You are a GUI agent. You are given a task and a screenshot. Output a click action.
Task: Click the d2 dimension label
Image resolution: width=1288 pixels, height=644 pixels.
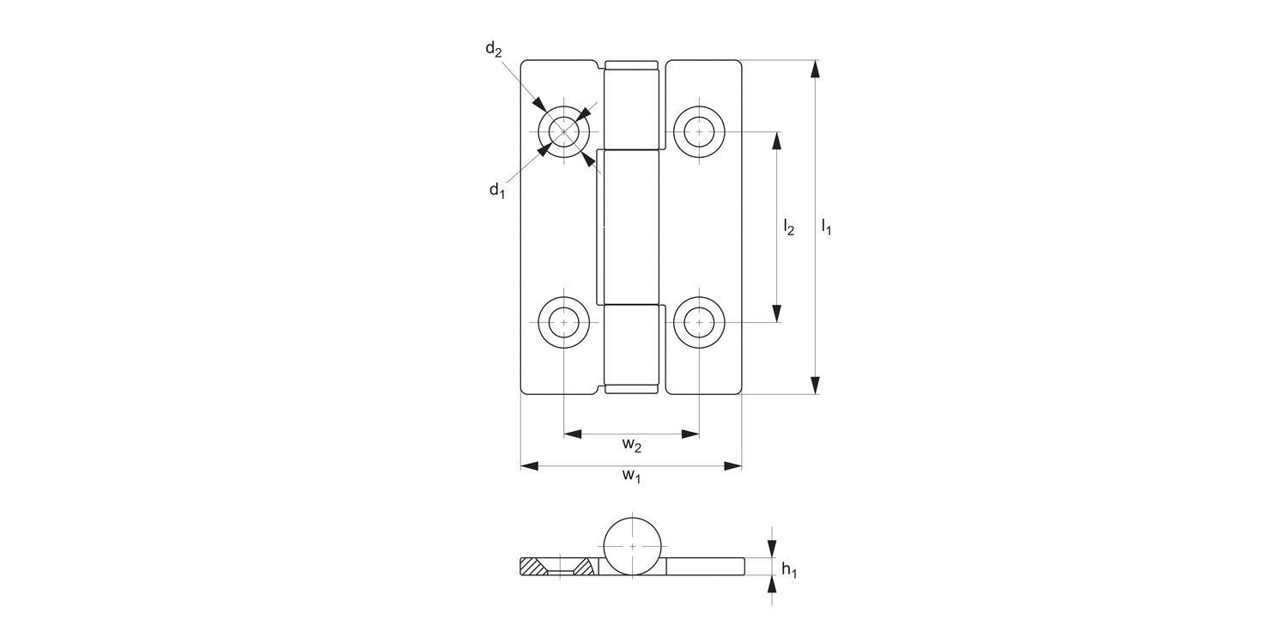click(x=493, y=49)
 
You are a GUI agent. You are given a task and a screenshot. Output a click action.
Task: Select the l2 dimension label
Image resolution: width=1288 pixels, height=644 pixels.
click(x=788, y=228)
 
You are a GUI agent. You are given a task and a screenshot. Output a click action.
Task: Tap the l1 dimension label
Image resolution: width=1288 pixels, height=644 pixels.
click(x=826, y=228)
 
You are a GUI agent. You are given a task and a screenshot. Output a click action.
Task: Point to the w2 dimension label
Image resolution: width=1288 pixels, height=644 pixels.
click(x=632, y=445)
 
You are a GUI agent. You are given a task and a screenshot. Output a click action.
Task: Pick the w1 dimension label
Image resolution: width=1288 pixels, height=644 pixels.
click(x=632, y=477)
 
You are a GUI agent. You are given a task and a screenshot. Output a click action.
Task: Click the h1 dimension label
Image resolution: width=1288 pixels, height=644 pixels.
click(x=789, y=568)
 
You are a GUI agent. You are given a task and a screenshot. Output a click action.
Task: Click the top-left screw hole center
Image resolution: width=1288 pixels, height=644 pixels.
click(x=564, y=131)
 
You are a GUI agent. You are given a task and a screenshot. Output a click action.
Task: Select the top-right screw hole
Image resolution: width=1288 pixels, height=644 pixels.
click(x=700, y=131)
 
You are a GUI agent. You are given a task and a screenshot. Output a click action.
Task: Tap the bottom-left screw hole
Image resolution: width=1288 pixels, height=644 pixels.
click(x=564, y=322)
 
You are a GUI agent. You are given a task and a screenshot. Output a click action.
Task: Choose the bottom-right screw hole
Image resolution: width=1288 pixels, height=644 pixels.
click(x=700, y=322)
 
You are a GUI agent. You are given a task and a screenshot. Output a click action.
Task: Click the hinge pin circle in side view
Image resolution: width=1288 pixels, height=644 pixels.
click(x=633, y=546)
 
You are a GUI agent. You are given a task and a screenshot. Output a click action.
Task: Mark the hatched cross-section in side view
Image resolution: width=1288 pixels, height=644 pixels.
click(x=533, y=567)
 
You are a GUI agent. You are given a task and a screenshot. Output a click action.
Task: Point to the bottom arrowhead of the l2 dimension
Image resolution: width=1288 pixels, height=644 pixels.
click(x=778, y=313)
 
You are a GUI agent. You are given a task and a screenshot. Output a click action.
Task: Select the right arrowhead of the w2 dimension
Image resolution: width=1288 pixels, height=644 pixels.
click(x=690, y=434)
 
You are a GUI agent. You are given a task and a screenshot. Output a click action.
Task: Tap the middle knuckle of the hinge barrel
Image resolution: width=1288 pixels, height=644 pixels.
click(x=632, y=228)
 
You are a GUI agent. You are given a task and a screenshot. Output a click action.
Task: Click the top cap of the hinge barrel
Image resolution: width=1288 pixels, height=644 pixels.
click(x=632, y=65)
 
